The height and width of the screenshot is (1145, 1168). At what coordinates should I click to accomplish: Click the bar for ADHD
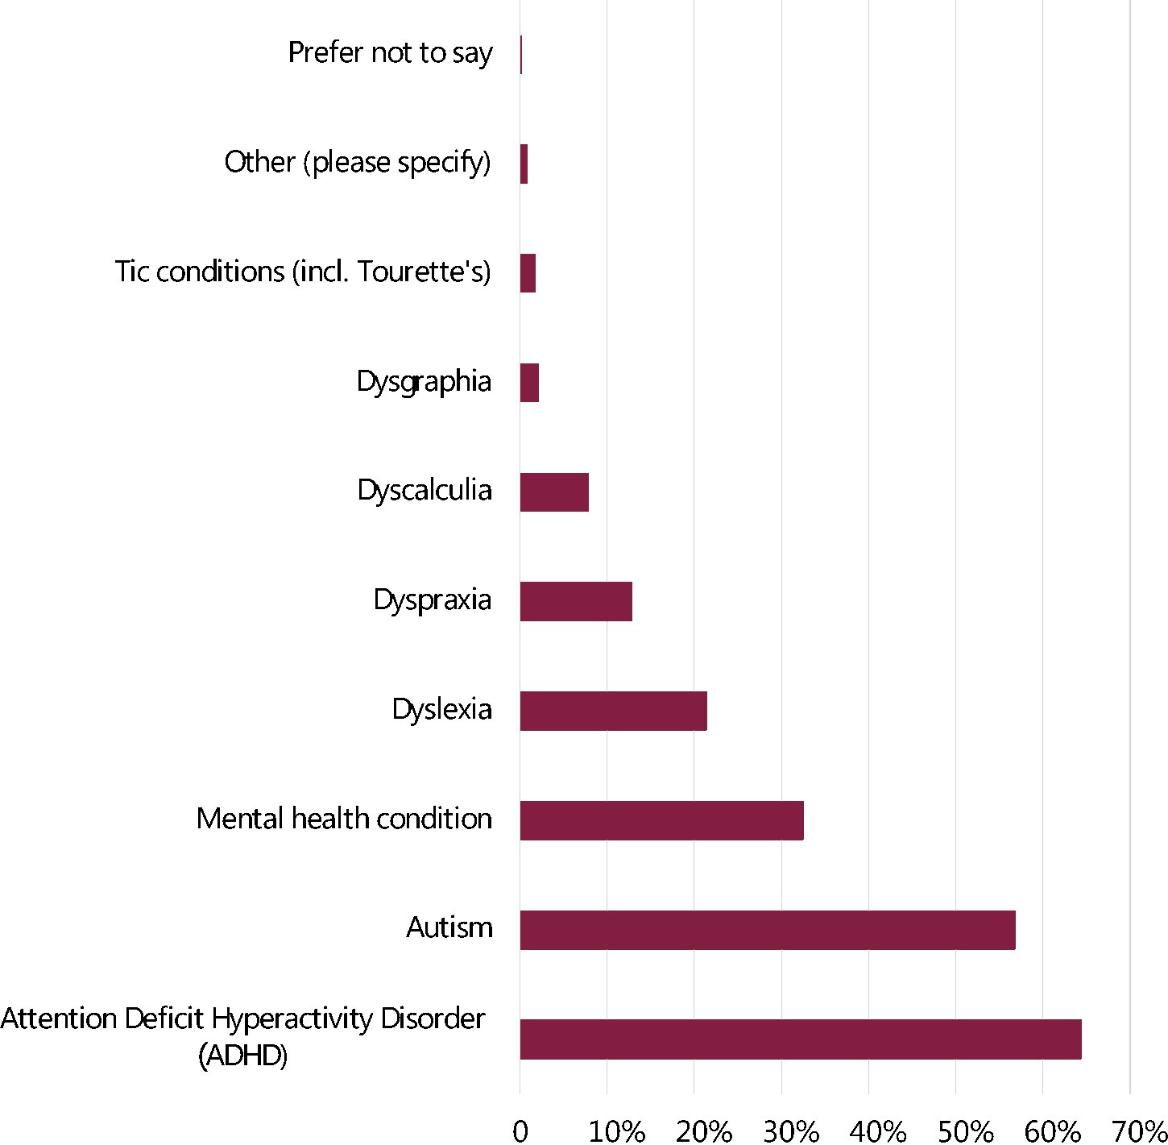[800, 1039]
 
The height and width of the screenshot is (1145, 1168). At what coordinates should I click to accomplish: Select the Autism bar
[767, 930]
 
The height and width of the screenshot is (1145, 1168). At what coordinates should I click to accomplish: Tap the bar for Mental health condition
[661, 820]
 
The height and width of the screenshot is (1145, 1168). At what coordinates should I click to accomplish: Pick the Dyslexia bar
[613, 711]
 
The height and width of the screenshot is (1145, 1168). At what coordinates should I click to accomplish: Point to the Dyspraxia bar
[576, 601]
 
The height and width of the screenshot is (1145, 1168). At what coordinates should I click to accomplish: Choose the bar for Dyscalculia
[554, 492]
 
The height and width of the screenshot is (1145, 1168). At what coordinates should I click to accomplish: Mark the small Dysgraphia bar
[529, 383]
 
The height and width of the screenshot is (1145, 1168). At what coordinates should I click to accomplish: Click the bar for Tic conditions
[528, 273]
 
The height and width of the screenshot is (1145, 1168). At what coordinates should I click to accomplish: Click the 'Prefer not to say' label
[390, 53]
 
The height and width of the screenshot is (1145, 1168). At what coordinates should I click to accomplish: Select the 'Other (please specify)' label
[358, 163]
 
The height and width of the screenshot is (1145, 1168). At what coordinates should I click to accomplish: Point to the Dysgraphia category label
[424, 382]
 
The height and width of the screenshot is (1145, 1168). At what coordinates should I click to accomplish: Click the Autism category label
[449, 928]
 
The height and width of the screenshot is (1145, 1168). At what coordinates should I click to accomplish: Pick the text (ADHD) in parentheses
[242, 1056]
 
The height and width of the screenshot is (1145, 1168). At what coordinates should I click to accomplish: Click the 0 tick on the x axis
[520, 1131]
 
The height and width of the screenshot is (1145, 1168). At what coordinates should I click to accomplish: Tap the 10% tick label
[616, 1131]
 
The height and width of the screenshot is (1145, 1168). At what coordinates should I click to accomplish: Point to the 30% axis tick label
[790, 1131]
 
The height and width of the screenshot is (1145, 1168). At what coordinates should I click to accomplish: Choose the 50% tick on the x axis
[965, 1131]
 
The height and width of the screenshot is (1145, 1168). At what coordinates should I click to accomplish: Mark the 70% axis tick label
[1139, 1131]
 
